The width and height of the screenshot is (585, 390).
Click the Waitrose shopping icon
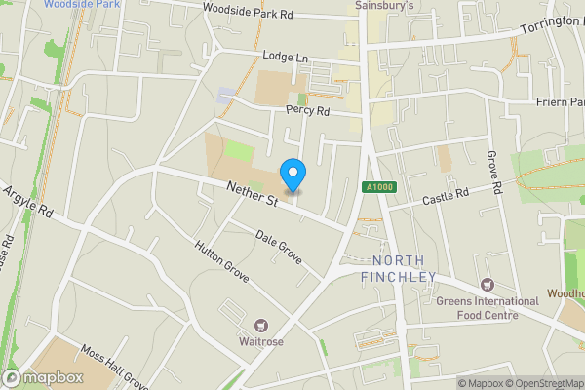tap(260, 325)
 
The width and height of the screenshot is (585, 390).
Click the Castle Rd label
tap(445, 198)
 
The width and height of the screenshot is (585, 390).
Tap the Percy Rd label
tap(308, 111)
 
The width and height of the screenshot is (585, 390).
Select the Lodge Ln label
tap(285, 57)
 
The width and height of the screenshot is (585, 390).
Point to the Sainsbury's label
tap(383, 5)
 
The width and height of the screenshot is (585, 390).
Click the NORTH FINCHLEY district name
tap(404, 269)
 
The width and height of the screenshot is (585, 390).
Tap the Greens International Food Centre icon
tap(485, 285)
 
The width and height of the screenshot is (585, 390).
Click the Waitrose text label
tap(260, 342)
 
